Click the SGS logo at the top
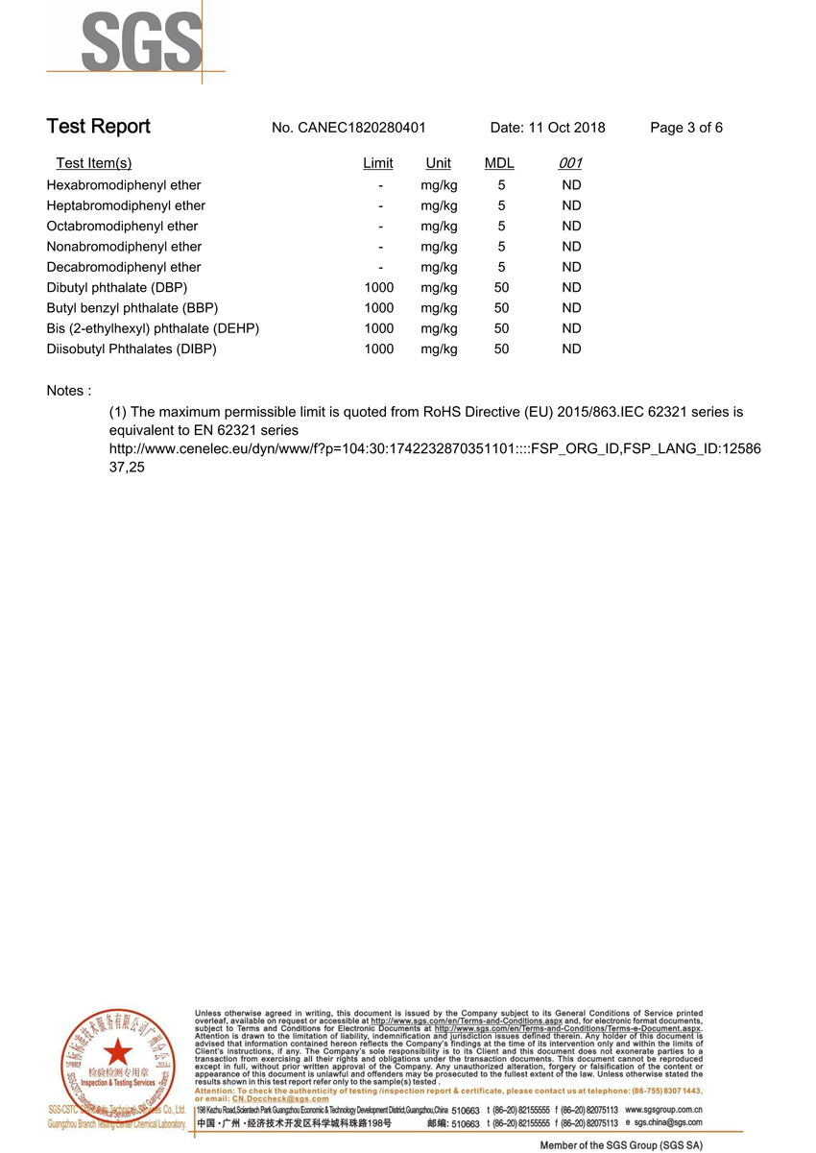tap(142, 41)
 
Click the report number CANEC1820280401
tap(361, 128)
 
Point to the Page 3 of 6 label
tap(686, 128)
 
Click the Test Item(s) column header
tap(94, 163)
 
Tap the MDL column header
tap(499, 163)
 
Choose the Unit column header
tap(438, 163)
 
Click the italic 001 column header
tap(570, 163)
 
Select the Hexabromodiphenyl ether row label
tap(124, 185)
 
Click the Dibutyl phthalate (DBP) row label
tap(117, 288)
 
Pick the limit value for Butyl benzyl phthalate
tap(379, 308)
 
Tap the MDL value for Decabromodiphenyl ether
tap(501, 267)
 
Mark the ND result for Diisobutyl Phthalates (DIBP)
tap(571, 349)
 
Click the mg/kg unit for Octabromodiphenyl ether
tap(439, 227)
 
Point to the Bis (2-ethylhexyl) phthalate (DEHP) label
tap(153, 328)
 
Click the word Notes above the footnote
tap(68, 391)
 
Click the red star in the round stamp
tap(118, 1050)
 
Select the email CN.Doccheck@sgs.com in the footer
tap(276, 1099)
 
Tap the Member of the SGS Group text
tap(621, 1145)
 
